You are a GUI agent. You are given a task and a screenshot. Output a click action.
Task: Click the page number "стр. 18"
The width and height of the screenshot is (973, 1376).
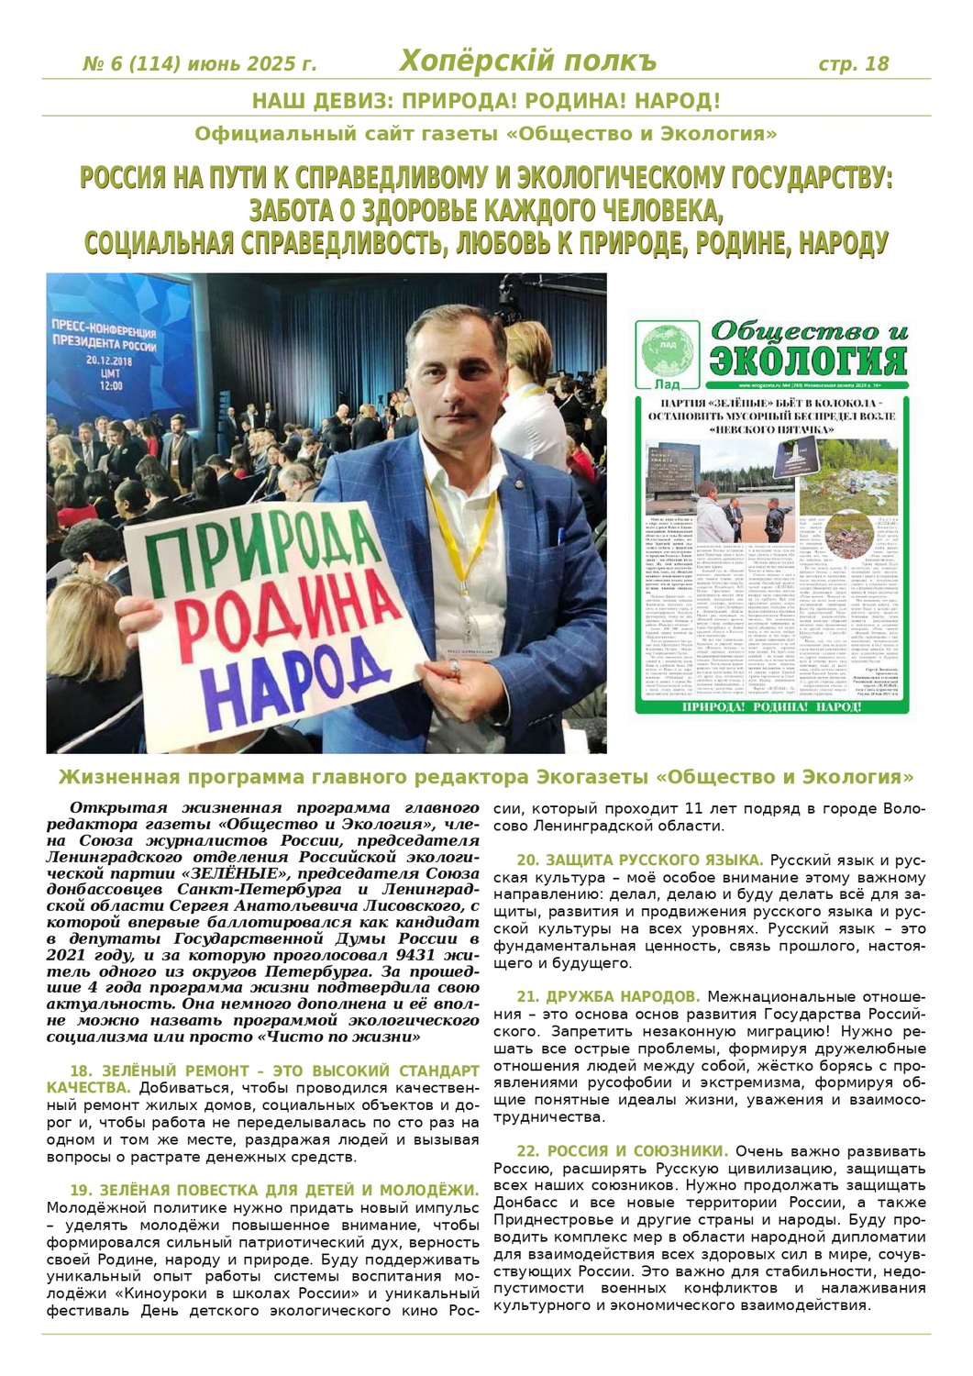pos(853,63)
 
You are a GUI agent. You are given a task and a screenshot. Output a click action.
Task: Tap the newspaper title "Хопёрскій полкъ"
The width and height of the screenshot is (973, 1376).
pos(528,61)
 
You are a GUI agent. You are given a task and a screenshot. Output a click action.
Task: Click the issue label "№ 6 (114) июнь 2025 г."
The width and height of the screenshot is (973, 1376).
pos(200,64)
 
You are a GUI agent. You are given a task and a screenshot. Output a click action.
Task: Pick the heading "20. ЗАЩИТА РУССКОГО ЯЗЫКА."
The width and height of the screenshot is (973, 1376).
pos(640,860)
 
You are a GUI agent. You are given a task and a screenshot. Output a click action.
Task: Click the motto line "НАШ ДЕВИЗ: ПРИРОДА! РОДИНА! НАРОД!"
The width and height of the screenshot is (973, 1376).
pos(486,101)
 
